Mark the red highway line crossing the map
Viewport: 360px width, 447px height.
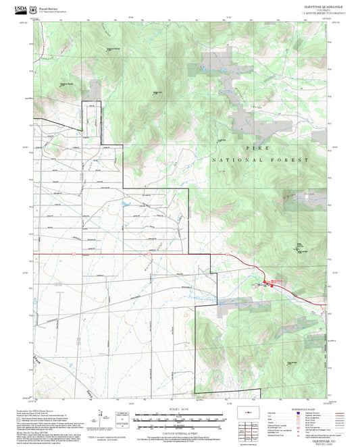pyautogui.click(x=135, y=255)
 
